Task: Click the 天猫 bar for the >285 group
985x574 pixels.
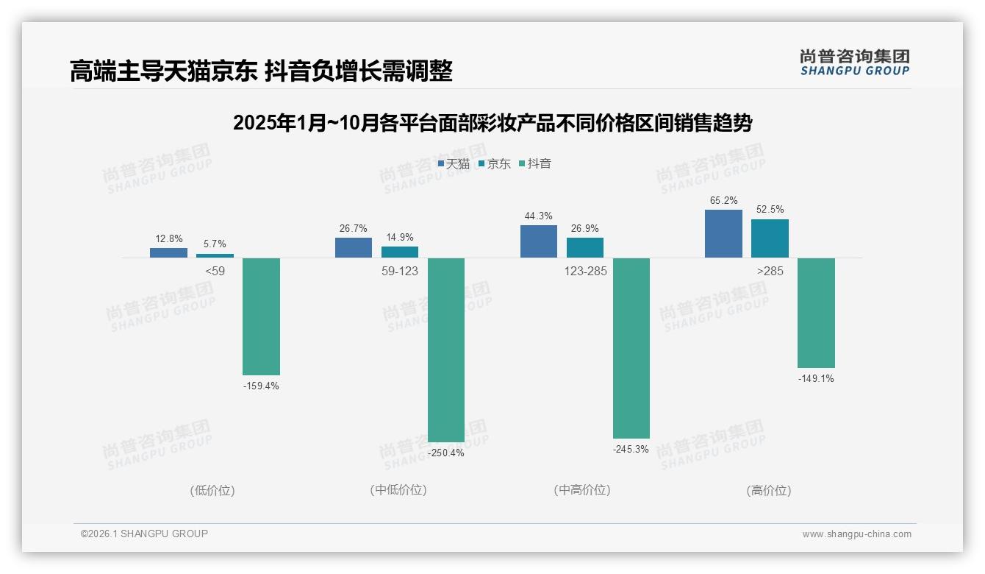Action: pos(723,234)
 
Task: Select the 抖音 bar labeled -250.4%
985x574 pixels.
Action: pos(446,350)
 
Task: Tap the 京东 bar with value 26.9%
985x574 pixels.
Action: pos(585,247)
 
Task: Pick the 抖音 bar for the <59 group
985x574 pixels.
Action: pos(261,316)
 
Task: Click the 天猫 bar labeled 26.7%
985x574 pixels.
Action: pos(354,247)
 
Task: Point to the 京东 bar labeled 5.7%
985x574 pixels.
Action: pos(215,255)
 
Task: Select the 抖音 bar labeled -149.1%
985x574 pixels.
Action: pos(816,313)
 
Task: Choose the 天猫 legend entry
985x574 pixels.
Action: pos(454,164)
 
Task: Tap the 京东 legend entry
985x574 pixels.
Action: pos(494,164)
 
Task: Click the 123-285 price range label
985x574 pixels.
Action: pos(585,271)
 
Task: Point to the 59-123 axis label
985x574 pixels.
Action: pos(399,271)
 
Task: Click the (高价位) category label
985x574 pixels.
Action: pos(769,490)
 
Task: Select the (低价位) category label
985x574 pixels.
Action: pos(212,490)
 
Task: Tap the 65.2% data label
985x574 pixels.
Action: pos(723,201)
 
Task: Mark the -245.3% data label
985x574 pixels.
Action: pos(631,449)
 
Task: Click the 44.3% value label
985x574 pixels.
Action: pos(538,216)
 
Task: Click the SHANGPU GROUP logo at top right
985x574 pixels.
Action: pos(854,63)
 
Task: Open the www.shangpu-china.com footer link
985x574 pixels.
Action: pos(856,534)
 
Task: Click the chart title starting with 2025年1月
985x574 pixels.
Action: pos(492,123)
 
